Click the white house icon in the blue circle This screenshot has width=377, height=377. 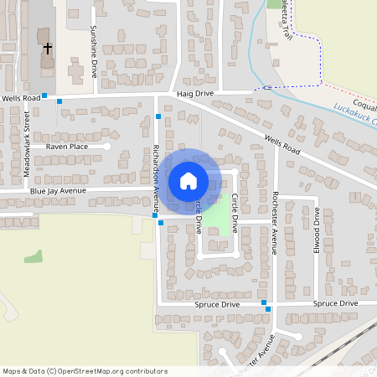(x=188, y=180)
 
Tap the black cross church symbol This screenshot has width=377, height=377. (x=48, y=49)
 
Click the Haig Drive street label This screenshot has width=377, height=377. (x=195, y=95)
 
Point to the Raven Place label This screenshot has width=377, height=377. (x=67, y=147)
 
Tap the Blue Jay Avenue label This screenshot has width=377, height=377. (x=58, y=191)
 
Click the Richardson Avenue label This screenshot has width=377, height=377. (x=157, y=172)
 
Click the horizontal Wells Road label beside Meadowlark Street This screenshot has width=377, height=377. (x=20, y=99)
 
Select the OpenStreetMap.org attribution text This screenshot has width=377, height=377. (x=84, y=371)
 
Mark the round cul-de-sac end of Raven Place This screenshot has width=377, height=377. (x=106, y=147)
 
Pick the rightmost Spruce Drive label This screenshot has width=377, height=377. (x=335, y=303)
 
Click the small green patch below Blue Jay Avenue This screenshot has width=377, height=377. (x=34, y=256)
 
